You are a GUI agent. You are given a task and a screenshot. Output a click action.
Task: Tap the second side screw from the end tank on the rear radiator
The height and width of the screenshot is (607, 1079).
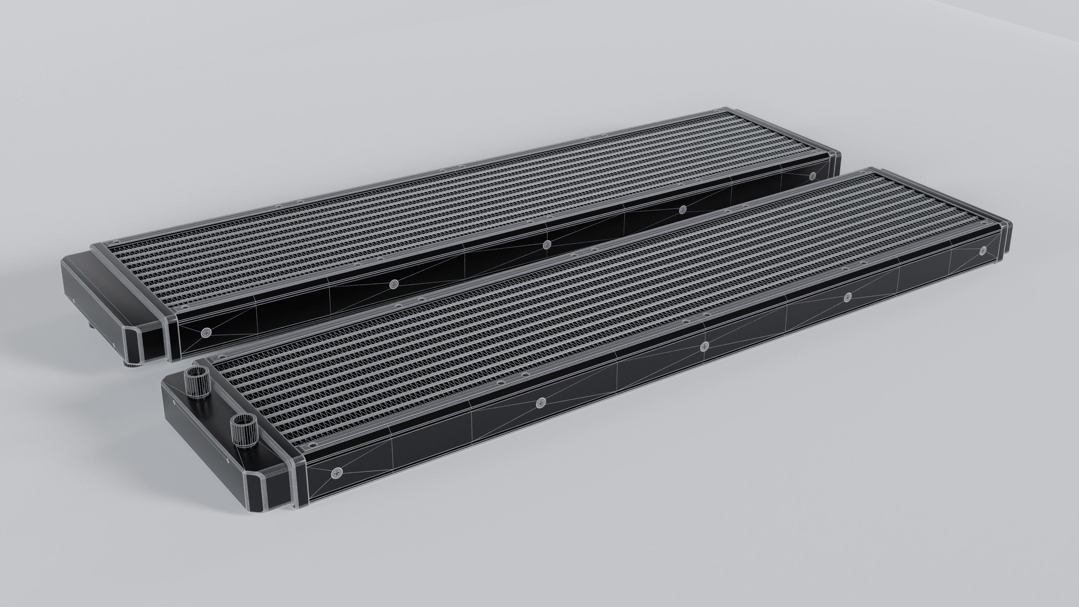point(393,284)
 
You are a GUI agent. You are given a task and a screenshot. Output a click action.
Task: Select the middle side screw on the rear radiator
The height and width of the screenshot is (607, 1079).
point(546,245)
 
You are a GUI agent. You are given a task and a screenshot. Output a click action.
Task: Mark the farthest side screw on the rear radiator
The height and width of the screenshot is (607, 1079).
point(813,175)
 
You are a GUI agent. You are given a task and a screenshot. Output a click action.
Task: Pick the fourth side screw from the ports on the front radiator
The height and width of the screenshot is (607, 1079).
point(848,297)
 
